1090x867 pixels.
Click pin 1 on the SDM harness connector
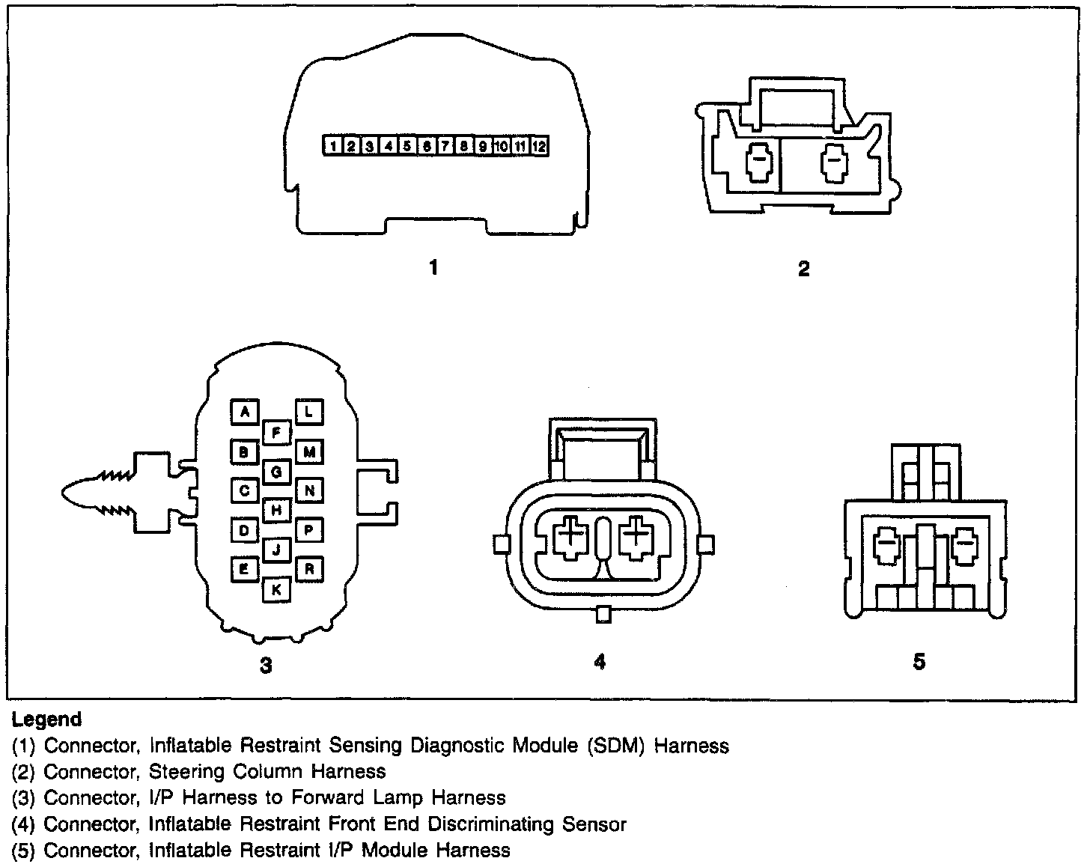point(333,146)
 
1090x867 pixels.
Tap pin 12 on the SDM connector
point(540,146)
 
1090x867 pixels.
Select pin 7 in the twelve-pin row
point(445,146)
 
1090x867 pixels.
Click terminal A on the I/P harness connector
point(245,412)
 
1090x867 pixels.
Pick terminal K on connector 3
point(276,589)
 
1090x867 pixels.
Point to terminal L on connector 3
point(309,412)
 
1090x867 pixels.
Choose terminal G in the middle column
point(276,472)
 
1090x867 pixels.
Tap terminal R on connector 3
point(309,569)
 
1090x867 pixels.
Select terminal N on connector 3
point(309,490)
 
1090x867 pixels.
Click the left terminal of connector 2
point(759,162)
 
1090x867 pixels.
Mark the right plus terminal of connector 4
point(636,538)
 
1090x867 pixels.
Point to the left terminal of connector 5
point(886,547)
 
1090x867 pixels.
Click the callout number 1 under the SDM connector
point(433,267)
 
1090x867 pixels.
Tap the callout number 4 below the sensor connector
point(600,661)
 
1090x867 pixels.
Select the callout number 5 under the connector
point(919,661)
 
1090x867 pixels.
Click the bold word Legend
point(46,719)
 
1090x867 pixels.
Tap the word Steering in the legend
point(186,772)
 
